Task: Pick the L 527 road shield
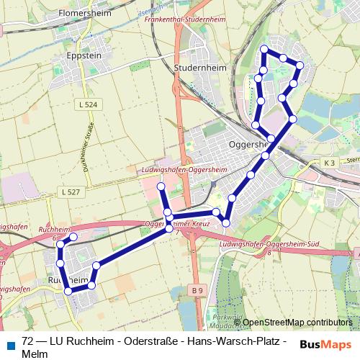pos(71,192)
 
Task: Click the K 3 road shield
pos(329,163)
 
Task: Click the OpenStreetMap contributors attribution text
pos(297,322)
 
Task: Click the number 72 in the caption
pos(28,341)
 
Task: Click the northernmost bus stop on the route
pos(264,49)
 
